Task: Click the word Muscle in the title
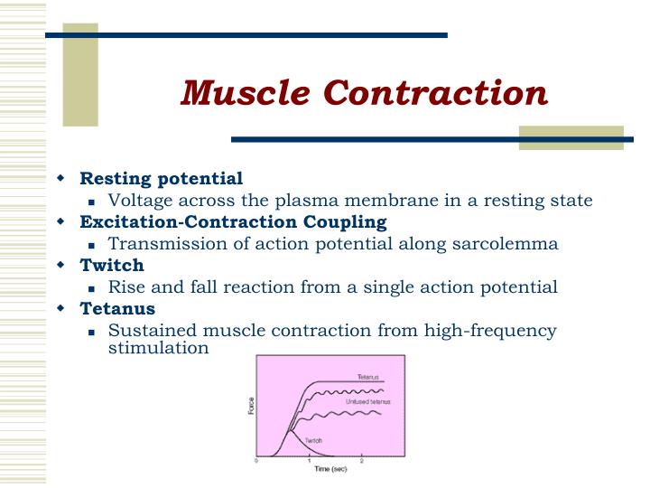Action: coord(237,93)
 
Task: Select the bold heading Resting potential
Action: coord(162,178)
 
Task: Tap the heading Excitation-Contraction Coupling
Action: coord(233,221)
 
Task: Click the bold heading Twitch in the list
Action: coord(112,265)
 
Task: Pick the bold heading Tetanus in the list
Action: coord(117,308)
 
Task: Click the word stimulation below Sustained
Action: coord(158,347)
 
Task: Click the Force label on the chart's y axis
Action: coord(250,406)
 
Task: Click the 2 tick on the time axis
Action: coord(362,460)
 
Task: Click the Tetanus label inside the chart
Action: coord(367,375)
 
